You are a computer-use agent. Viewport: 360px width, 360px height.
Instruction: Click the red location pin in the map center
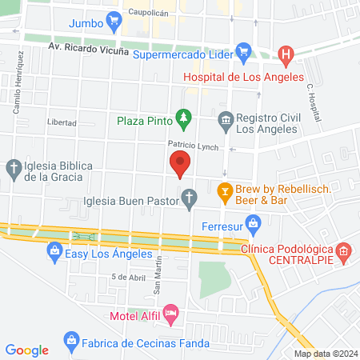(x=180, y=162)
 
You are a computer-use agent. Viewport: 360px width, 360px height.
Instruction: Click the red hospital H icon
(x=285, y=54)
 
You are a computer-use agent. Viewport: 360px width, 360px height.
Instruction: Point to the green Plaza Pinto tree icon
(x=184, y=120)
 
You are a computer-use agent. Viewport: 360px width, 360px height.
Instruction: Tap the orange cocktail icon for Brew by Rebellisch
(x=226, y=192)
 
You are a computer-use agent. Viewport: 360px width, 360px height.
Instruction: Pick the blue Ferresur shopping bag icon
(x=254, y=222)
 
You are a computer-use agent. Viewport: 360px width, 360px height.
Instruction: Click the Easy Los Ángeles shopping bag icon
(x=54, y=251)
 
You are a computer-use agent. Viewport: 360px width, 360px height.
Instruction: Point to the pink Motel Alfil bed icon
(x=170, y=311)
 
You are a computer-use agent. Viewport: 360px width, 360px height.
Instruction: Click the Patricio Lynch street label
(x=192, y=144)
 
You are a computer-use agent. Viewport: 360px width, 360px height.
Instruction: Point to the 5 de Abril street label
(x=128, y=276)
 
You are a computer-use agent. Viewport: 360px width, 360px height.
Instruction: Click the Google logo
(x=27, y=350)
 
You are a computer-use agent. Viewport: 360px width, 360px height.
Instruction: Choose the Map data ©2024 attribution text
(x=326, y=354)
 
